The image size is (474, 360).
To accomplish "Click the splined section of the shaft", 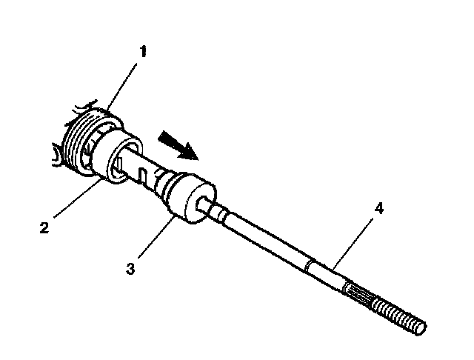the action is pyautogui.click(x=361, y=292).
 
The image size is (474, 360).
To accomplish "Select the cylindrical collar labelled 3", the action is pyautogui.click(x=181, y=198).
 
